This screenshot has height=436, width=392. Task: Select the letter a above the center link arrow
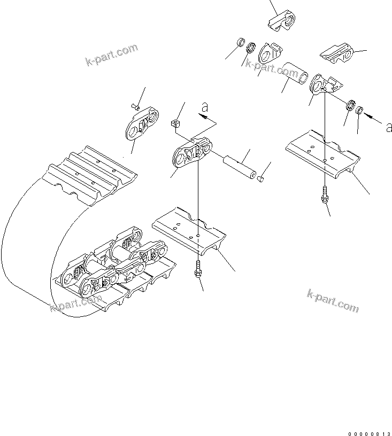(x=204, y=108)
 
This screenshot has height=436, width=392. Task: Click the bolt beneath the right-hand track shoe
(x=324, y=195)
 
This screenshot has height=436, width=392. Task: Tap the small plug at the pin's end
(x=260, y=179)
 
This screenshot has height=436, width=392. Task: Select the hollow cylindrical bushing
(x=296, y=74)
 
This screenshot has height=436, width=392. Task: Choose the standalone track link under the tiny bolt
(x=142, y=123)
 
